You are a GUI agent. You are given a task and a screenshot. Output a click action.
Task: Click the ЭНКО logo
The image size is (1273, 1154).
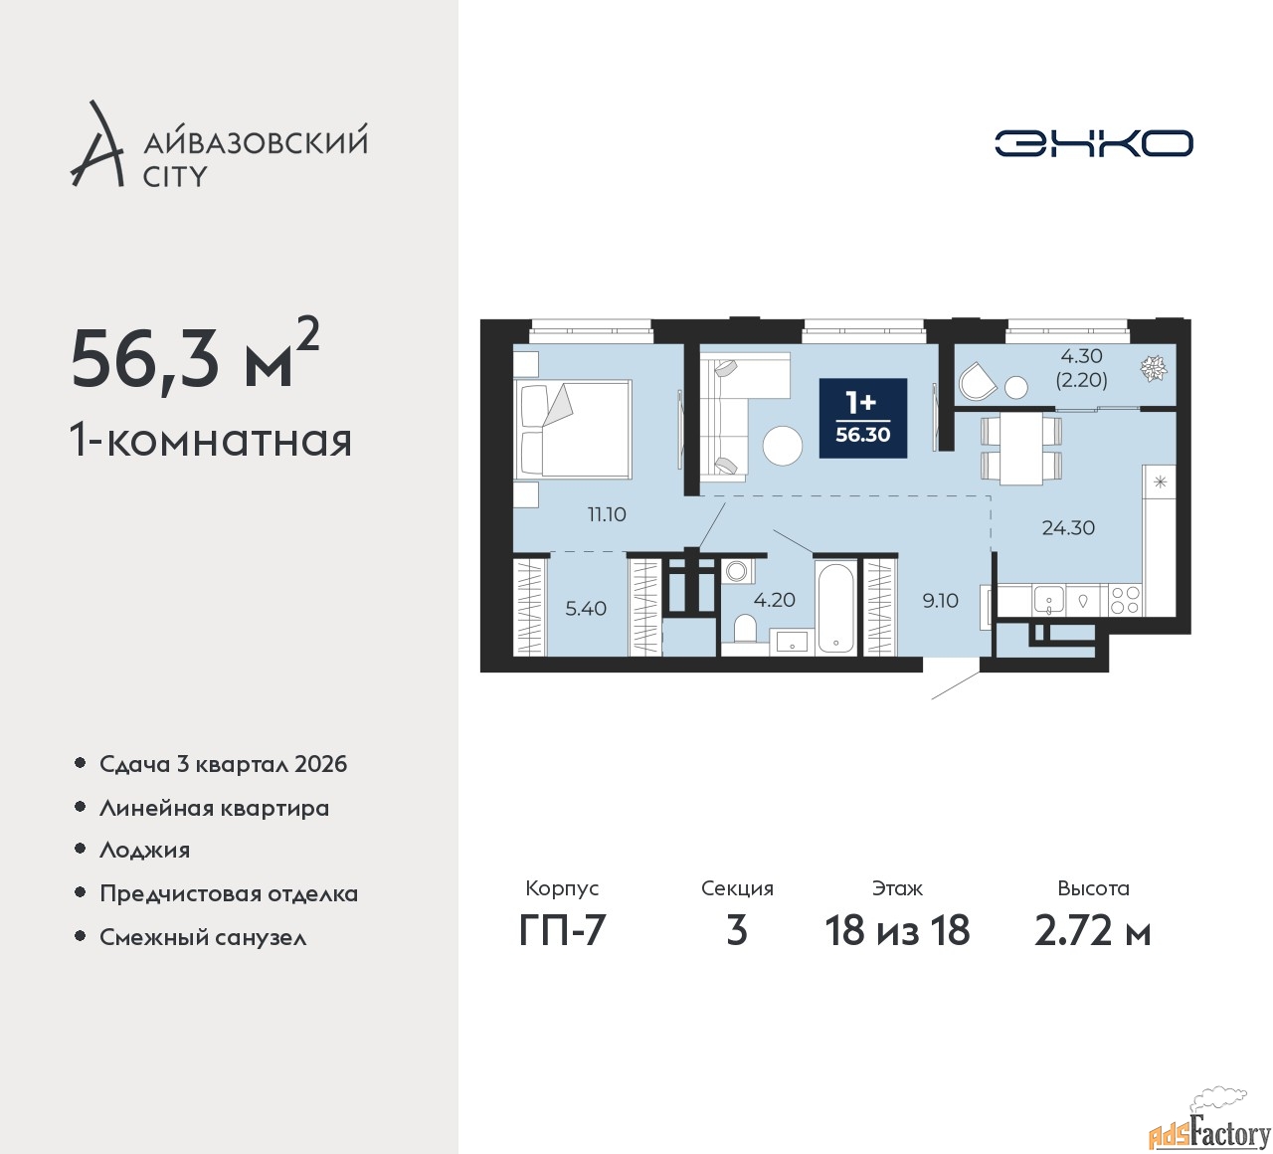pos(1093,143)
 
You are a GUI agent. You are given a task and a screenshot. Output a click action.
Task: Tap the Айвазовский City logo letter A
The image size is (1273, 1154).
pos(96,143)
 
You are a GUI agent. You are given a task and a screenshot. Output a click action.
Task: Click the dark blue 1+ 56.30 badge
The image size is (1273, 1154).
pos(863,418)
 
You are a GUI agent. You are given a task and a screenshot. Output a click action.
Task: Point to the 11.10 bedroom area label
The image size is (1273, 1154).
pos(607,514)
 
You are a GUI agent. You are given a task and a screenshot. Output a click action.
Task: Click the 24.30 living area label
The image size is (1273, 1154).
pos(1068,527)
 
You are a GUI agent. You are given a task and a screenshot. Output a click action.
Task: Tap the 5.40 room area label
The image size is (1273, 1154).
pos(586,608)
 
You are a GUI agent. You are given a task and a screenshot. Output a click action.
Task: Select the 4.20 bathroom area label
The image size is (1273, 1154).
pos(774,600)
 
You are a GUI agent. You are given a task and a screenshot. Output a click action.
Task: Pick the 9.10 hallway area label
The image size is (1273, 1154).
pos(940,601)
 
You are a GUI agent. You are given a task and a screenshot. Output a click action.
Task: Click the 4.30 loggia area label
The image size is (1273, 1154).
pos(1081,355)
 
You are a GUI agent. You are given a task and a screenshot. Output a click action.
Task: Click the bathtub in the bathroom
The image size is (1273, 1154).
pos(835,608)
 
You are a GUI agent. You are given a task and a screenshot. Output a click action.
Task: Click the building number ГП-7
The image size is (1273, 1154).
pos(562,930)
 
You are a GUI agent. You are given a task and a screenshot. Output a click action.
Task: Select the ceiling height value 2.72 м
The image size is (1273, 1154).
pos(1093,930)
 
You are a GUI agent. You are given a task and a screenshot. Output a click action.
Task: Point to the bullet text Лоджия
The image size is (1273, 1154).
pos(144,850)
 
